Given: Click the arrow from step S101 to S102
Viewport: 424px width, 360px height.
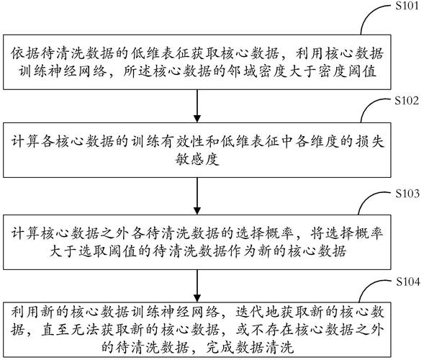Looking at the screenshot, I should (197, 100).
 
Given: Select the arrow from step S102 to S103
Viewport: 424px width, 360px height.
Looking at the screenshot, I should (197, 194).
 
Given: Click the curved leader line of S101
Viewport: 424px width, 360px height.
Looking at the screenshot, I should (374, 17).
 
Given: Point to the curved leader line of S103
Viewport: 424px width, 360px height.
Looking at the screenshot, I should (374, 204).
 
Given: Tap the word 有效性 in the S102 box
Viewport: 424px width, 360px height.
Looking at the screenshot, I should (206, 142).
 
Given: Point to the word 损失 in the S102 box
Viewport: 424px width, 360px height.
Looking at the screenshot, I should (366, 142).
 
